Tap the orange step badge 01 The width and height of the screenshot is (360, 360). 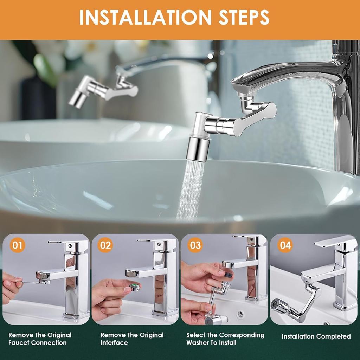[17, 245]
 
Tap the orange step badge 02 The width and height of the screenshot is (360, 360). [105, 245]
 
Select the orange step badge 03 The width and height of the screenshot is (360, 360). [195, 245]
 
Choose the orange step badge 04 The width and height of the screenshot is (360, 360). [285, 245]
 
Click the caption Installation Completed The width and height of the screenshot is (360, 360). [316, 336]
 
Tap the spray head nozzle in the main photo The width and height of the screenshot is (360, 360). [198, 149]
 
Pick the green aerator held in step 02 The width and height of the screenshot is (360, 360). [135, 287]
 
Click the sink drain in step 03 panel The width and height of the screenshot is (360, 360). [240, 314]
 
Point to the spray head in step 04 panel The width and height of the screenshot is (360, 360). [276, 304]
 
